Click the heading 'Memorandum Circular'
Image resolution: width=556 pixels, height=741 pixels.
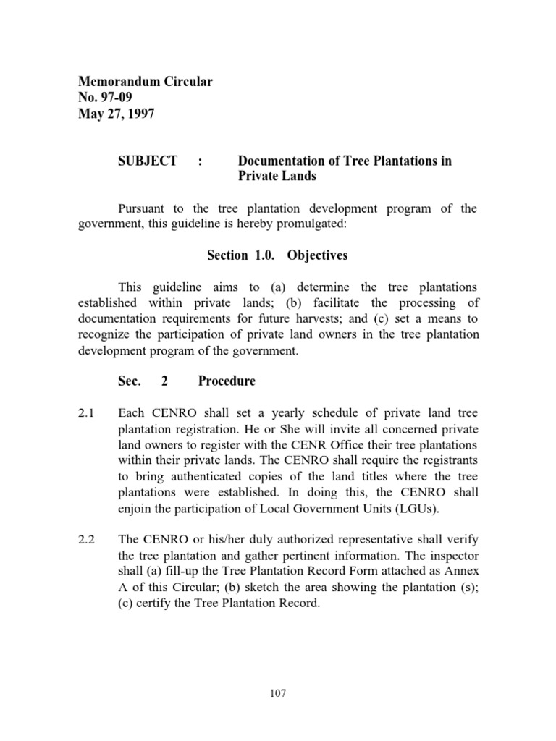(144, 82)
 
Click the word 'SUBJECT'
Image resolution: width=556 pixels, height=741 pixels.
(148, 161)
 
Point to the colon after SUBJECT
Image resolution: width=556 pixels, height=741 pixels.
(199, 161)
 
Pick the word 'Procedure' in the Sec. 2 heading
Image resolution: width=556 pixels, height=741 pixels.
(227, 381)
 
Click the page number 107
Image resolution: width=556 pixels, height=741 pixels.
(277, 693)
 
